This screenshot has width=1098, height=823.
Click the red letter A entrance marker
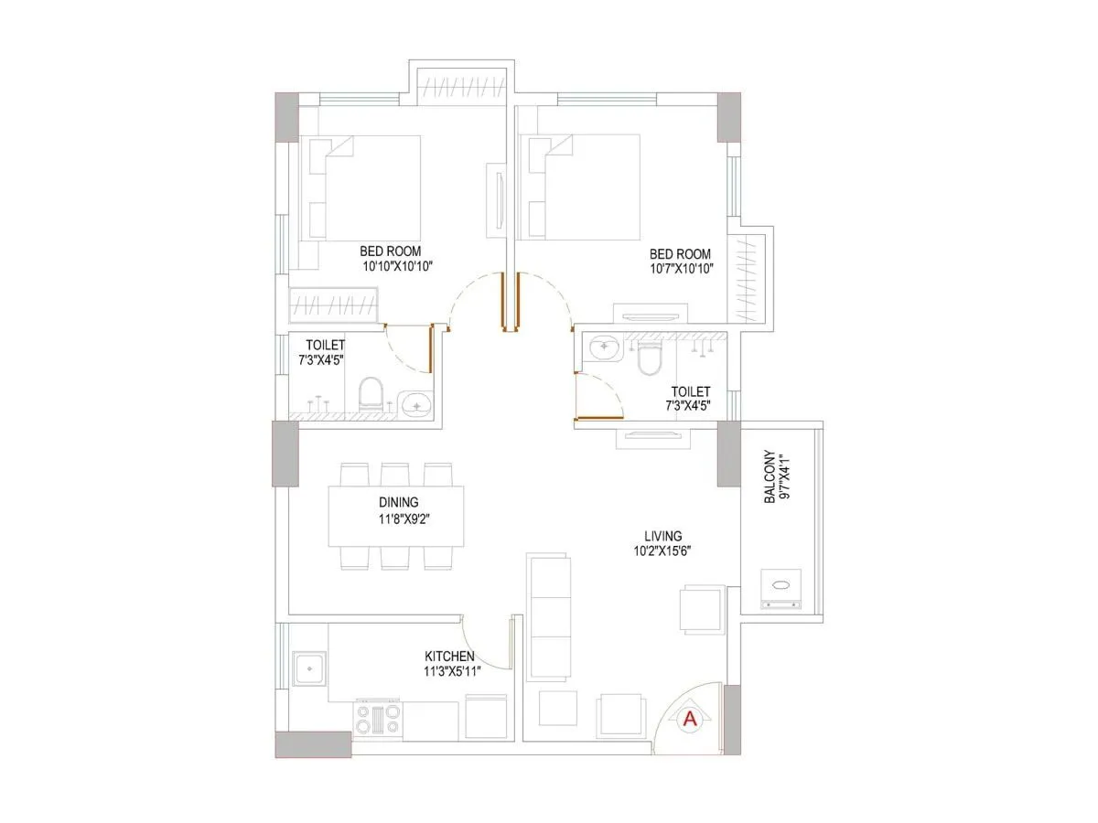pos(691,720)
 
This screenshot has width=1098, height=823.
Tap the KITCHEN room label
pos(449,657)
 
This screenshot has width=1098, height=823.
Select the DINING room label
pos(398,502)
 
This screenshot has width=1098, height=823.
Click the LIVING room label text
pos(662,536)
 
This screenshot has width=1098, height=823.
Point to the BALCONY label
pos(770,476)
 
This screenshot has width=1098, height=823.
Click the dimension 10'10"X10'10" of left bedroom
pos(396,266)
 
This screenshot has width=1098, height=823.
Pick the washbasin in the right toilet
pos(602,348)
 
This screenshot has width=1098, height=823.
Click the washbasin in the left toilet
pos(417,403)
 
